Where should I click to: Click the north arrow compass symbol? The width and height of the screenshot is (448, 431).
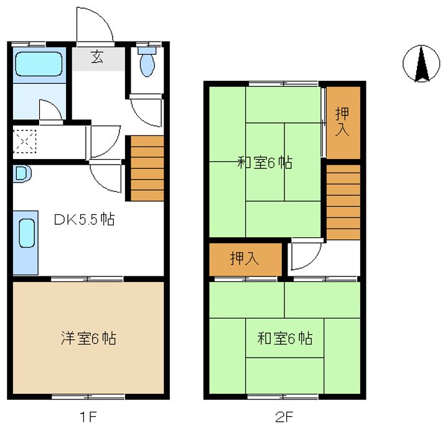421,63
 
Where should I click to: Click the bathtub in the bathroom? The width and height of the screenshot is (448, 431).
39,63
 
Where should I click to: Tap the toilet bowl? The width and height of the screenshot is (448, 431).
147,61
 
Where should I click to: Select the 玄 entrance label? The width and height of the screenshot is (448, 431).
97,57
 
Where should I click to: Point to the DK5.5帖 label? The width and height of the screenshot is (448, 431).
85,219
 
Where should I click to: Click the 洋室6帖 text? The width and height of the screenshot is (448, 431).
88,338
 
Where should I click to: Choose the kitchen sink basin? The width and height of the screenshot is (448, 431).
27,233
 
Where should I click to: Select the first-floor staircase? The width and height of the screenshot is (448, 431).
147,168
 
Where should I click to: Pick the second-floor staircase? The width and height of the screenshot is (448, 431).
343,202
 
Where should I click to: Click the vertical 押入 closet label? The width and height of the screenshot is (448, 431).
342,122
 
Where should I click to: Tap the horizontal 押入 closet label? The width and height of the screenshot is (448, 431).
245,259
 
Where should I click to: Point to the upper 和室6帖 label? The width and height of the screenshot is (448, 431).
265,163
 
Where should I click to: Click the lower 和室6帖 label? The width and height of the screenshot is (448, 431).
285,338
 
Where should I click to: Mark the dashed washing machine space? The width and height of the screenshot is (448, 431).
25,141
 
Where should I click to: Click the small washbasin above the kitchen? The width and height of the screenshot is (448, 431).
22,174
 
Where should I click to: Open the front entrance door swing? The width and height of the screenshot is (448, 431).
95,25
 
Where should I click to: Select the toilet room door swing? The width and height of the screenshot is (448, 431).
146,111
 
